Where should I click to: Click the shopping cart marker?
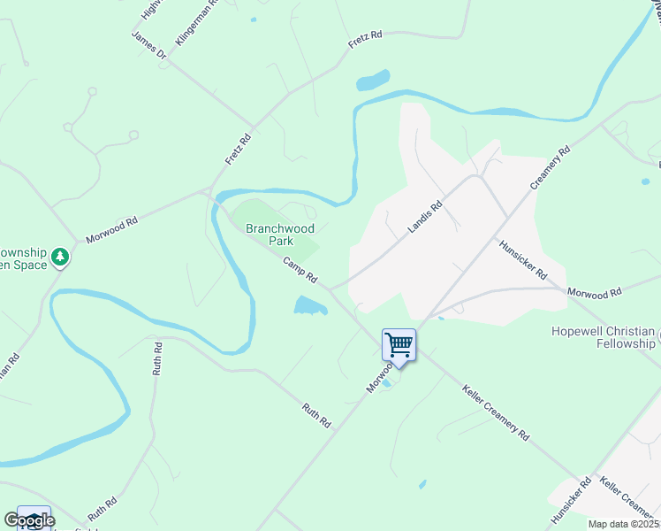(x=399, y=344)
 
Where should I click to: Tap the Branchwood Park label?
(x=280, y=235)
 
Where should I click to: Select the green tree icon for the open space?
(x=60, y=257)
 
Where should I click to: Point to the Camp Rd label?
(x=300, y=270)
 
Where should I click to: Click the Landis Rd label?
(x=424, y=216)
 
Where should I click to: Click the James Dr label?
(x=148, y=45)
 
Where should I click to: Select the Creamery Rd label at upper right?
(x=551, y=166)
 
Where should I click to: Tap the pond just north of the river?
(x=373, y=81)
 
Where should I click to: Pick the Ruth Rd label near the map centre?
(x=315, y=416)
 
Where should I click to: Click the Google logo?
(x=28, y=520)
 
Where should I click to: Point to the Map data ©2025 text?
(x=623, y=524)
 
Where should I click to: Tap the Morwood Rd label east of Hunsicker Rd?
(x=595, y=291)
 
